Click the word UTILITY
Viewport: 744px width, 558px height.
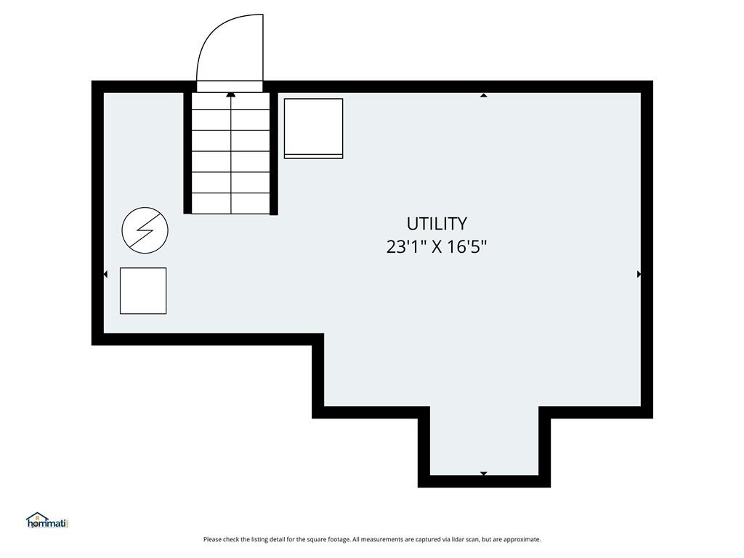(437, 224)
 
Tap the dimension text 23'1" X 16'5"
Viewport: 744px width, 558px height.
(437, 247)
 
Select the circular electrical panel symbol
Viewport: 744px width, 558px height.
(145, 230)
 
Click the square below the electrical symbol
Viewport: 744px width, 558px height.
(143, 291)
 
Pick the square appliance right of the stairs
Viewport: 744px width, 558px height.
(313, 128)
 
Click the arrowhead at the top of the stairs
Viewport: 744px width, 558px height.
(231, 95)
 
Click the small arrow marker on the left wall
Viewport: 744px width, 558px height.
(105, 274)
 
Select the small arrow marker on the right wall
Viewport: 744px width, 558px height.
(639, 274)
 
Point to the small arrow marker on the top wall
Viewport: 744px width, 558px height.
(483, 95)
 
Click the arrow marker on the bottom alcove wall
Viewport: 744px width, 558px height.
(483, 474)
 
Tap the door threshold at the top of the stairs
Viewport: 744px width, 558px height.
(230, 86)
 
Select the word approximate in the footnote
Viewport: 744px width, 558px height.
(522, 540)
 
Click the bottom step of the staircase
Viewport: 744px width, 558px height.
(230, 203)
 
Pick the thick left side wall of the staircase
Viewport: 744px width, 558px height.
(187, 153)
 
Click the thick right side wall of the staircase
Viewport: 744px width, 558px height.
(274, 153)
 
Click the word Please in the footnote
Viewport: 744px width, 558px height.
(212, 539)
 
